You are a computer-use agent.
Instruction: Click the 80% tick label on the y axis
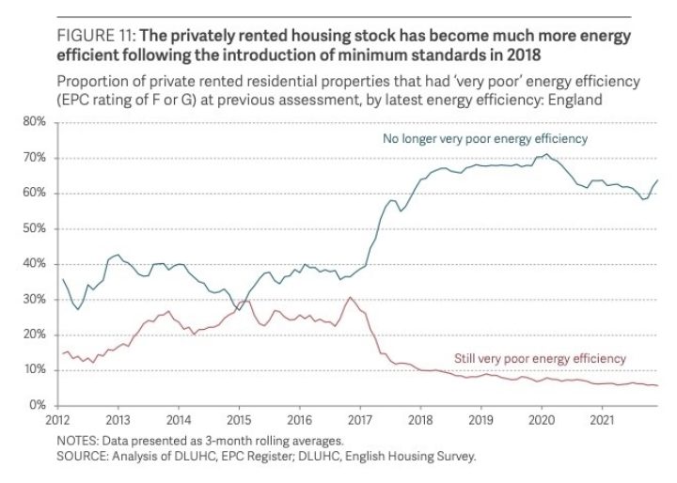(x=34, y=122)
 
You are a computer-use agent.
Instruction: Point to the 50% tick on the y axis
(x=34, y=228)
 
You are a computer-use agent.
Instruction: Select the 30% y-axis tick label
(x=34, y=299)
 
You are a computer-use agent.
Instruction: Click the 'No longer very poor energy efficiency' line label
(x=484, y=139)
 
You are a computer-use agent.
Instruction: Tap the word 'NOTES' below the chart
(x=76, y=441)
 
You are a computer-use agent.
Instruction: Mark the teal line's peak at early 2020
(x=545, y=154)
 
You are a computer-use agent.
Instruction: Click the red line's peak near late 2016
(x=349, y=298)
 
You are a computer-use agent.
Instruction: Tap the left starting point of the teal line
(x=62, y=279)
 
